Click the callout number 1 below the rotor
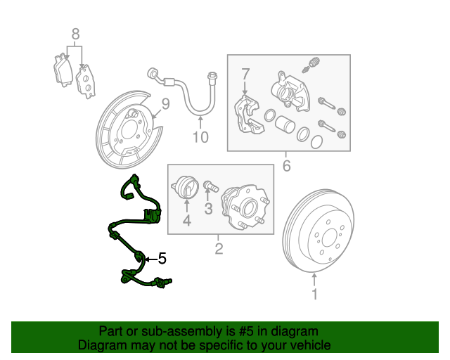[314, 295]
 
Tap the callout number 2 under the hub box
[219, 248]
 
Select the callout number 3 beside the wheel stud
[207, 208]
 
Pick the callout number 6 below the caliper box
[286, 166]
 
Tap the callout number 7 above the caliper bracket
[245, 73]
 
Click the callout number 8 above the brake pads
[75, 34]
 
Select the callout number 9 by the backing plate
[166, 104]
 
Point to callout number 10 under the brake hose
[200, 137]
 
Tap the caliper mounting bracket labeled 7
[247, 113]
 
